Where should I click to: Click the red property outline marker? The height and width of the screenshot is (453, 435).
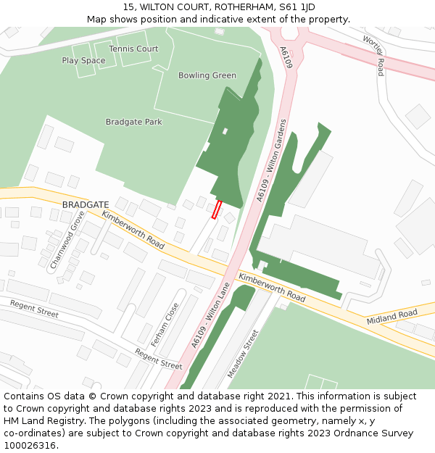click(x=216, y=209)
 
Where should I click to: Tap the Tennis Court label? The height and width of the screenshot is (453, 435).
click(x=133, y=49)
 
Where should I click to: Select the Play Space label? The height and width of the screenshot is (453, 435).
click(x=83, y=61)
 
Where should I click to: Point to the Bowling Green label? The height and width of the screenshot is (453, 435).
click(x=207, y=75)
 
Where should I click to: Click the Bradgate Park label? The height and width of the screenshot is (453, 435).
click(x=134, y=122)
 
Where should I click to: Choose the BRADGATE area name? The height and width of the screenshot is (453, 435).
click(x=86, y=205)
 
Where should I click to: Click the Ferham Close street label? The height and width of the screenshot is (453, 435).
click(x=165, y=324)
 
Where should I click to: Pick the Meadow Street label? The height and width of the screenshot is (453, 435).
click(x=243, y=354)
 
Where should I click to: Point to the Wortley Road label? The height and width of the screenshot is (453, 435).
click(x=373, y=56)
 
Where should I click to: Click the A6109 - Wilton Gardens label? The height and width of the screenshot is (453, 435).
click(x=273, y=160)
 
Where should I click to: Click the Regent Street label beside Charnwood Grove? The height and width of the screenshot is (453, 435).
click(x=35, y=309)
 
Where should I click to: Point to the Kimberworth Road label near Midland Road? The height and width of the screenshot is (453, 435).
click(x=272, y=288)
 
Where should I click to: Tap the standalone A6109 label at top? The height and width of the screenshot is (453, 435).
click(x=286, y=58)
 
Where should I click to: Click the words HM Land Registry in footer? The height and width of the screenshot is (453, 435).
click(x=42, y=421)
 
